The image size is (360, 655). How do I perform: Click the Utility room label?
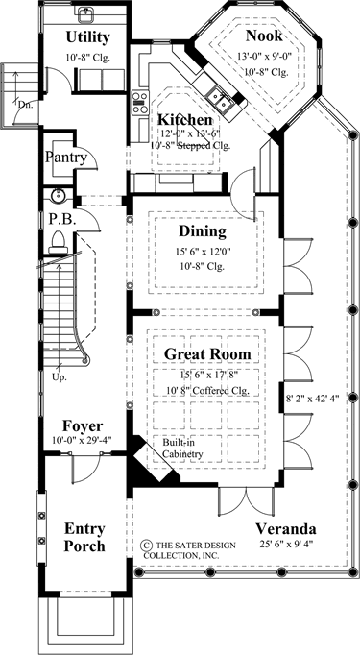pos(87,37)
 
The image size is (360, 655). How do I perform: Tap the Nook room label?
pos(264,36)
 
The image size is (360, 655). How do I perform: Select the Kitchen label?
pos(184,120)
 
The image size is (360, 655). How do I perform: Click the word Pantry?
pos(66,158)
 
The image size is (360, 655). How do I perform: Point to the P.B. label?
pos(58,220)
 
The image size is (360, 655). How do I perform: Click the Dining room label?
pos(203,230)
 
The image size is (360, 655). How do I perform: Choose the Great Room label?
pos(207,354)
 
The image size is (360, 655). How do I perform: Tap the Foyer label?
pos(83,426)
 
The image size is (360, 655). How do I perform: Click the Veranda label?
pos(286,529)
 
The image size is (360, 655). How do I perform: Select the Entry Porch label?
pos(84,537)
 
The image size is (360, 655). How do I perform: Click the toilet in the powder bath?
pos(59,243)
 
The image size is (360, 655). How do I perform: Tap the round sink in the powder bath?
pos(57,195)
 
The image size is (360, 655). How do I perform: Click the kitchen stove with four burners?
pos(140,103)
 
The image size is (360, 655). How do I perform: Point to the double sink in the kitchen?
pos(219,99)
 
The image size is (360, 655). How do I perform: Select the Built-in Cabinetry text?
pos(182,448)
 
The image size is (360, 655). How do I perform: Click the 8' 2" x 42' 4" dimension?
pos(311,399)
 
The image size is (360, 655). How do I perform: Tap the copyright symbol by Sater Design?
pos(146,546)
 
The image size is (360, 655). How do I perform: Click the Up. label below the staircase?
pos(60,376)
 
